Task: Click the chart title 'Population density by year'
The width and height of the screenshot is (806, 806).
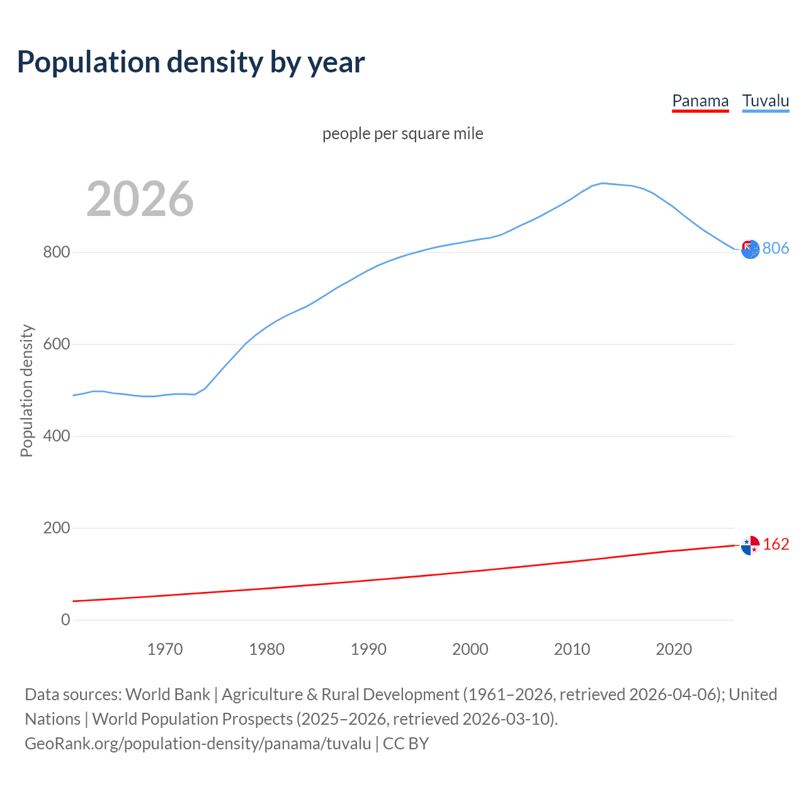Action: (191, 62)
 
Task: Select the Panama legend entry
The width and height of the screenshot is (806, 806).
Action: (700, 101)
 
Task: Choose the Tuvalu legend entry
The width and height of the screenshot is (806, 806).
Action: (765, 101)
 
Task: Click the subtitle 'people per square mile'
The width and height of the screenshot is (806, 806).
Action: (403, 133)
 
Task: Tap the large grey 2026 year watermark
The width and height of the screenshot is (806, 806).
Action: (140, 199)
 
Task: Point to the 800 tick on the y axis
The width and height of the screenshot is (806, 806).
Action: (56, 253)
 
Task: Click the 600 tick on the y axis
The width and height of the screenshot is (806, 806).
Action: (56, 344)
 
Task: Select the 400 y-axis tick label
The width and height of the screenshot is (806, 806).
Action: (56, 436)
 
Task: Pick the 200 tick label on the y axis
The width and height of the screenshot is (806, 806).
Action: (56, 528)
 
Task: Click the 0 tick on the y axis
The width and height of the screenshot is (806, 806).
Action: (65, 620)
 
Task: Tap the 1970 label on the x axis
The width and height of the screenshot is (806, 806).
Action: (165, 649)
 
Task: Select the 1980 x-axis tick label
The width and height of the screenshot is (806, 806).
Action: (267, 649)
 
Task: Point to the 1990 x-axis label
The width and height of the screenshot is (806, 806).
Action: (368, 649)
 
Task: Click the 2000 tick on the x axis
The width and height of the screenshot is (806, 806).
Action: (470, 649)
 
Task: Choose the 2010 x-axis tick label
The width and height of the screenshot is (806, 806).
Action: (572, 649)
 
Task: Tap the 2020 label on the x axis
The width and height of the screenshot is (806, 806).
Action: (674, 649)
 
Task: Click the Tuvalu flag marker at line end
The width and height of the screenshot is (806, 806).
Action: (750, 249)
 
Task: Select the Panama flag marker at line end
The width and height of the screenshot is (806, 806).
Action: (750, 545)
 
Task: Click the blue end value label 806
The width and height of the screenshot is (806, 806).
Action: (776, 249)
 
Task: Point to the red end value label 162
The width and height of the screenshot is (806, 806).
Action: (776, 545)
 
